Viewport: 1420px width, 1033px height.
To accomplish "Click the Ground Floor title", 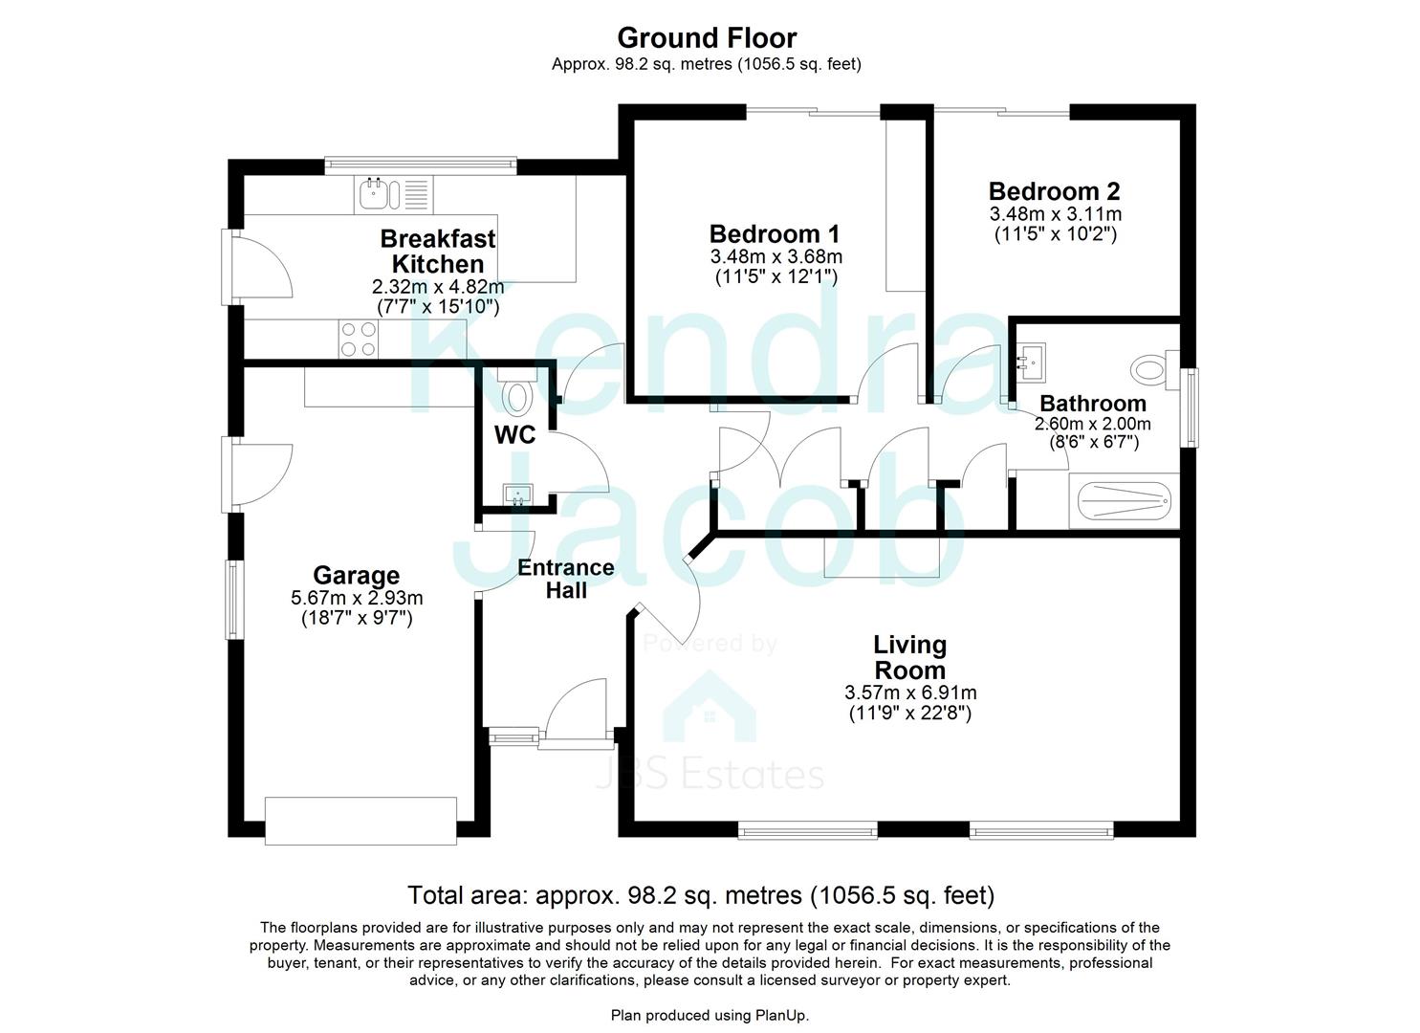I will coord(707,38).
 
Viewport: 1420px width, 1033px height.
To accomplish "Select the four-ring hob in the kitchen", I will coord(359,340).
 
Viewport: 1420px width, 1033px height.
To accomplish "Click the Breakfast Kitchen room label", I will coord(438,251).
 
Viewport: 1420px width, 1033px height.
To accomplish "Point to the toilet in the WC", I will coord(517,396).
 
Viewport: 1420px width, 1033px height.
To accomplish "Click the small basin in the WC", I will coord(517,495).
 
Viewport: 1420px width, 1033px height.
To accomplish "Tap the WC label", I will coord(514,435).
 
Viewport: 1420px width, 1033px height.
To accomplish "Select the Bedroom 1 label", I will coord(775,234).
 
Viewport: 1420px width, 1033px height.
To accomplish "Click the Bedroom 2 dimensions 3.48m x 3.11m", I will coord(1055,214).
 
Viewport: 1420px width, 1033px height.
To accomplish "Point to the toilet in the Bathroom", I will coord(1149,370).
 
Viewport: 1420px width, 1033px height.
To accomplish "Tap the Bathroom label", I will coord(1092,404).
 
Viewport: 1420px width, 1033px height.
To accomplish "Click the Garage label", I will coord(357,576).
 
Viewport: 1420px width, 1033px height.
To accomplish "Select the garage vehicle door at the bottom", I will coord(360,821).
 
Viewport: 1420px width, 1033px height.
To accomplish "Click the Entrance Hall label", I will coord(566,579).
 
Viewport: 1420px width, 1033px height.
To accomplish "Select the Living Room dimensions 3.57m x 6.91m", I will coord(910,692).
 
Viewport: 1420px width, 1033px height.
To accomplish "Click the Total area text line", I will coord(701,895).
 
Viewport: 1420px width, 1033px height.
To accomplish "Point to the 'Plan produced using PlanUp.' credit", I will coord(710,1015).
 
